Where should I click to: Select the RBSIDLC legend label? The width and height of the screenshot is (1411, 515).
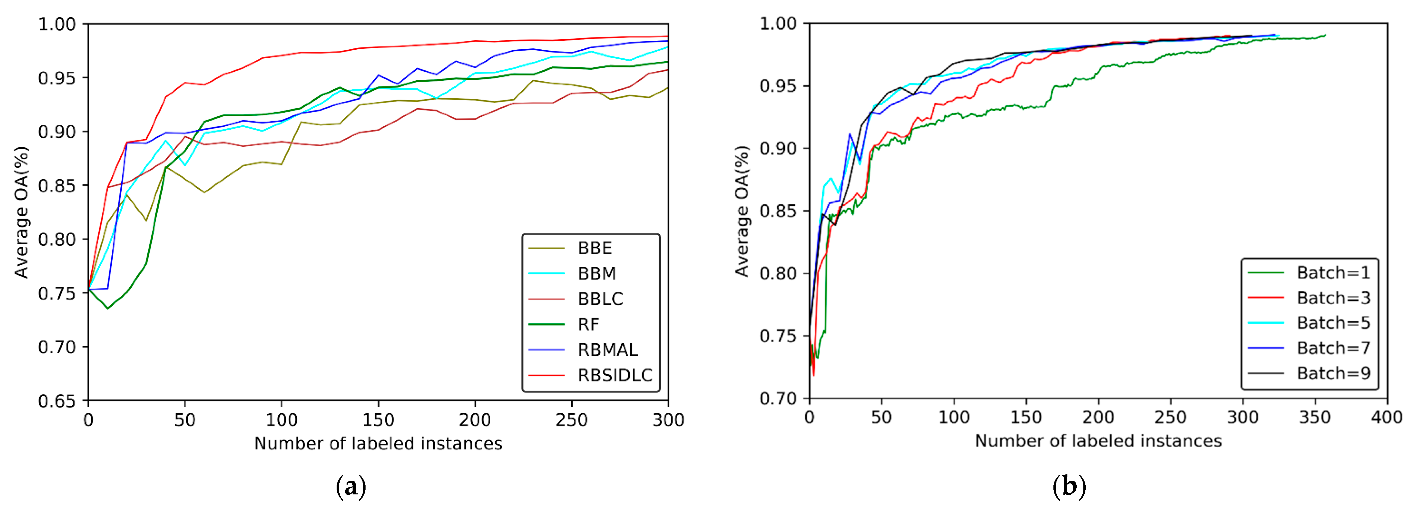pyautogui.click(x=615, y=375)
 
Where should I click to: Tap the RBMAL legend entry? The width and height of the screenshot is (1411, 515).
pyautogui.click(x=607, y=350)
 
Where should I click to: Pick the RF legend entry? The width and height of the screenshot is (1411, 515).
pyautogui.click(x=589, y=325)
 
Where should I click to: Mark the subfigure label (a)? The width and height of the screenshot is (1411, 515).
pyautogui.click(x=351, y=486)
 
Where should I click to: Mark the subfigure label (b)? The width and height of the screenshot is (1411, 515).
pyautogui.click(x=1069, y=486)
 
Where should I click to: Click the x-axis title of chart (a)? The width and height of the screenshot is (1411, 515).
pyautogui.click(x=378, y=443)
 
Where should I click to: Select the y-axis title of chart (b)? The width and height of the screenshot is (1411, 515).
pyautogui.click(x=742, y=211)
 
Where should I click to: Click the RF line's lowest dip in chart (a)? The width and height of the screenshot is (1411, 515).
pyautogui.click(x=108, y=308)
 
